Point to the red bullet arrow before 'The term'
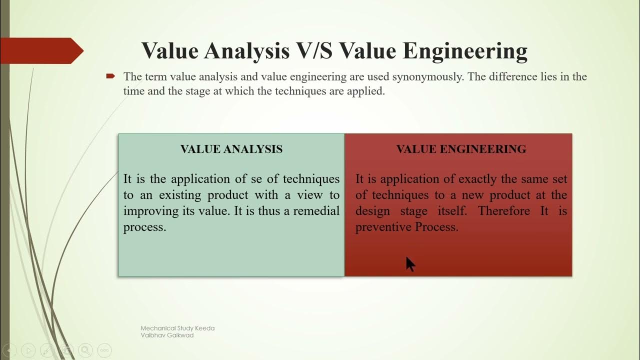(110, 76)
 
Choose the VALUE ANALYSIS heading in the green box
(231, 149)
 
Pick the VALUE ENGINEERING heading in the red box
(461, 149)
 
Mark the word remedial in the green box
(316, 211)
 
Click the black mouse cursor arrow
(410, 264)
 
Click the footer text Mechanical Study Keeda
(177, 328)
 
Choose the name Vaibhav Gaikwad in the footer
(167, 335)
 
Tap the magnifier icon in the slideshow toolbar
(85, 350)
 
